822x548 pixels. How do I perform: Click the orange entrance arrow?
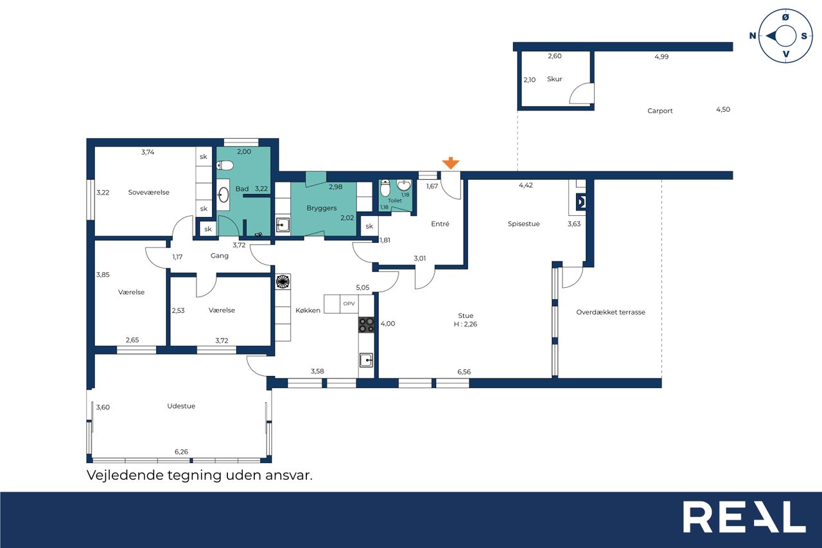click(451, 163)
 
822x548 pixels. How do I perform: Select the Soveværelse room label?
click(148, 192)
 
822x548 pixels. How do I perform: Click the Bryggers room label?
click(322, 208)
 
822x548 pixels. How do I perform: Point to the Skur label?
click(554, 79)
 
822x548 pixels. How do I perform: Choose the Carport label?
click(660, 111)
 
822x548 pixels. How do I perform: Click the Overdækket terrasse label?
click(611, 312)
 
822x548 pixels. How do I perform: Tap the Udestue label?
click(181, 406)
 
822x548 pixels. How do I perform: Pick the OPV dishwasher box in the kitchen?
click(349, 303)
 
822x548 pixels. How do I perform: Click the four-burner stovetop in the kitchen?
click(366, 325)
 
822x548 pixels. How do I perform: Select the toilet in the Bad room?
click(224, 166)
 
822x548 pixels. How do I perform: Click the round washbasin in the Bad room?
click(223, 195)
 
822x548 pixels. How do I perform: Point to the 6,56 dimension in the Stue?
click(464, 372)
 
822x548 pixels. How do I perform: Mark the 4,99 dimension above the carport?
click(661, 57)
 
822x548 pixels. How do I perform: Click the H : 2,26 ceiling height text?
click(466, 324)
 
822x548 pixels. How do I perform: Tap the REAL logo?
click(744, 517)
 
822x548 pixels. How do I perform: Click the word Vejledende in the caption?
click(125, 475)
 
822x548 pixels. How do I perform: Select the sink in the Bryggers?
click(283, 225)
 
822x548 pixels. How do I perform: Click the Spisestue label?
click(523, 224)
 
